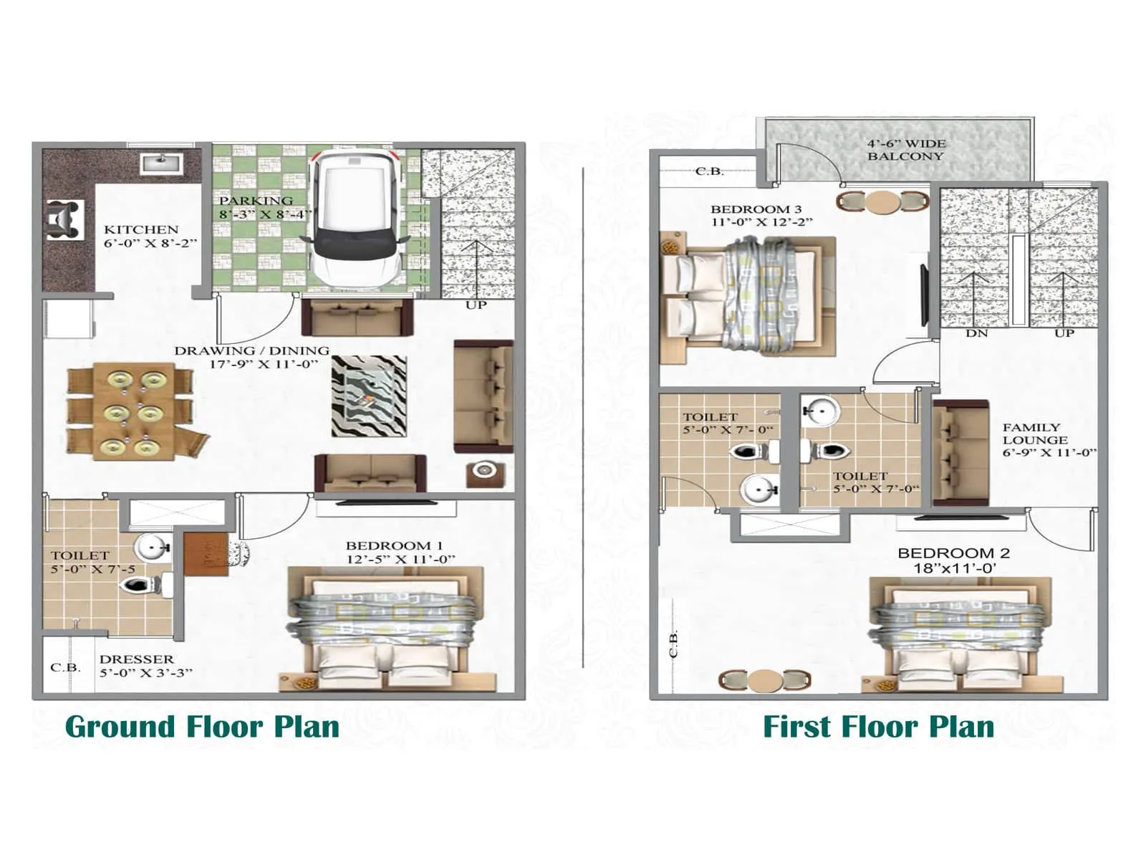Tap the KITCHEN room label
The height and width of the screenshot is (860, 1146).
click(141, 229)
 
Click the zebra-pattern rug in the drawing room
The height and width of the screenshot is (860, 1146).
click(369, 396)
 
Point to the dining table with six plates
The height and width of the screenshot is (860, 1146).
click(134, 414)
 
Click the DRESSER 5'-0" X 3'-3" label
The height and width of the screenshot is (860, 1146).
click(146, 666)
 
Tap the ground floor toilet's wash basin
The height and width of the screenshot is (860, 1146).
click(150, 549)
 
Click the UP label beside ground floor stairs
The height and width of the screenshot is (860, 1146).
click(476, 305)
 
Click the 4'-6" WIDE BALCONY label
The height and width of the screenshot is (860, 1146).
click(905, 150)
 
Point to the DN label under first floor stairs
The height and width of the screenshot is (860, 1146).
click(976, 334)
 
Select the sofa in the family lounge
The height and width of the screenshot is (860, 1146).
click(960, 453)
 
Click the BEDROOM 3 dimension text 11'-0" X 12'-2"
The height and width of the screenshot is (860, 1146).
click(761, 223)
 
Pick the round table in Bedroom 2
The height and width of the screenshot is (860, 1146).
click(765, 680)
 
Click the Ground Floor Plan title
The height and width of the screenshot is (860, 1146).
click(202, 727)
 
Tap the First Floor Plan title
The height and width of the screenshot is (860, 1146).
click(878, 727)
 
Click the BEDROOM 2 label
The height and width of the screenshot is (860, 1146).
click(953, 553)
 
